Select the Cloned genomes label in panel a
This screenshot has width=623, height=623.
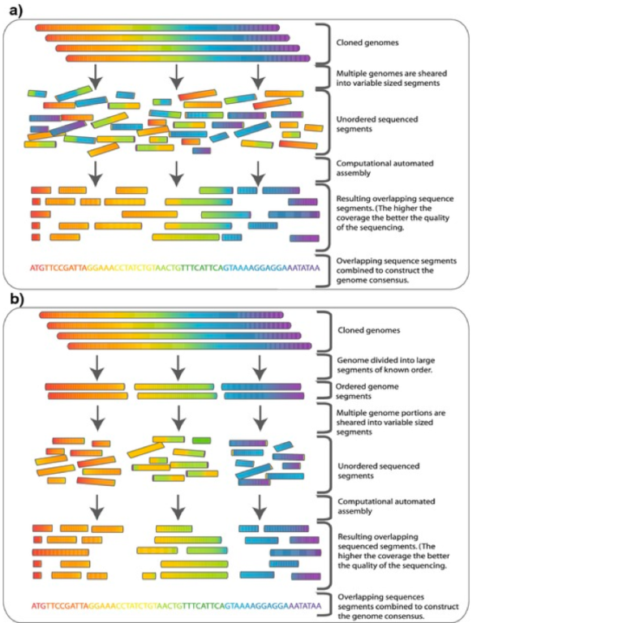pyautogui.click(x=364, y=41)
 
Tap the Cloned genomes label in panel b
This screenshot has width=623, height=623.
pyautogui.click(x=364, y=331)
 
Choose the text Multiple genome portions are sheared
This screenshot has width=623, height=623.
pyautogui.click(x=389, y=422)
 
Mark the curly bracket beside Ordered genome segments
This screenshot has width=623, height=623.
pyautogui.click(x=327, y=390)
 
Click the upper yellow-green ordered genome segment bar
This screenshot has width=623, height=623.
pyautogui.click(x=174, y=386)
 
